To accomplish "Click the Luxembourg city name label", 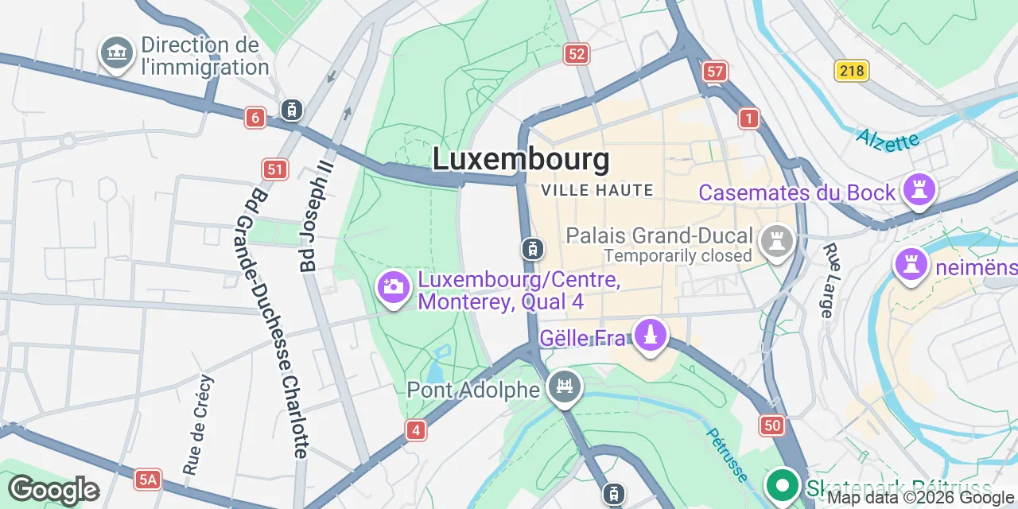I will coord(521,159).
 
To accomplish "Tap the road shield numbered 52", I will coord(577,54).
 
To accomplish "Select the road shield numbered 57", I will coord(715,72).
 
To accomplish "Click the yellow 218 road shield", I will coord(851,71).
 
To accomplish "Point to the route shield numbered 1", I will coord(748,119).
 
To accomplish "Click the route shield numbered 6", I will coord(254,119).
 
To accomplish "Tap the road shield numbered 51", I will coord(274,169).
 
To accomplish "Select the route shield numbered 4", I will coord(415,430).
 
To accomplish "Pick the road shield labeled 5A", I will coord(148,479).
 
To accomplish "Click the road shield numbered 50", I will coord(771,425).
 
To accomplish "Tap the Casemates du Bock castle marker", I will coord(919,190).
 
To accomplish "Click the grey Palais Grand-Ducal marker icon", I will coord(776,241).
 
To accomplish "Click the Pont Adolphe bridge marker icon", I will coord(565,387).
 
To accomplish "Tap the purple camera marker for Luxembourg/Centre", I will coord(393,287).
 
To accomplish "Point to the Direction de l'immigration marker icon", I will coord(117,53).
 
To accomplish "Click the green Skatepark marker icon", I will coord(783,484).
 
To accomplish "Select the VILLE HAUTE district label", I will coord(596,191).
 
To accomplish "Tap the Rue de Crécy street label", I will coord(199,425).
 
